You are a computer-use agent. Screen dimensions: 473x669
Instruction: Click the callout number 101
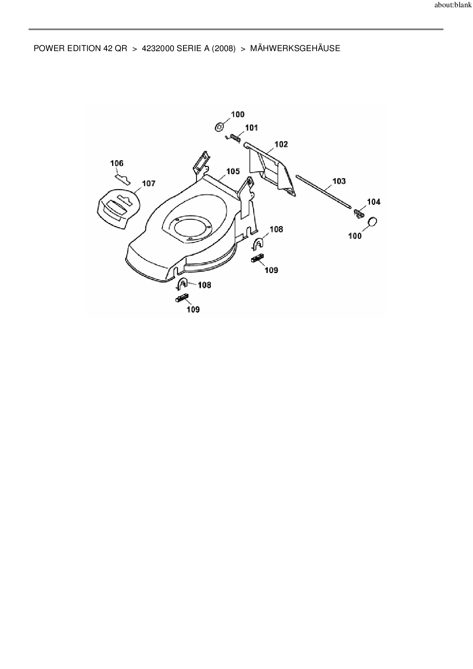(x=251, y=127)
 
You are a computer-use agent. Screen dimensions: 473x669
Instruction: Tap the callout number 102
(x=281, y=144)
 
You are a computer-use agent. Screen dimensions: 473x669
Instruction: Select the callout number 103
(x=339, y=181)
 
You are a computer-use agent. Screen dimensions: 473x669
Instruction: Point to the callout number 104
(x=374, y=202)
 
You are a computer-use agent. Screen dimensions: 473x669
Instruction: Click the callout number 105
(x=233, y=171)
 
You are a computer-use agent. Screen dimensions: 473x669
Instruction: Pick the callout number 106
(x=117, y=163)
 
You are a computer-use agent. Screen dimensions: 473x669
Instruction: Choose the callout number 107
(x=149, y=183)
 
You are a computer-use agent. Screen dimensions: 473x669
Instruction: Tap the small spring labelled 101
(x=233, y=137)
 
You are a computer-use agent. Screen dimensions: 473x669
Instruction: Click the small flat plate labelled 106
(x=122, y=179)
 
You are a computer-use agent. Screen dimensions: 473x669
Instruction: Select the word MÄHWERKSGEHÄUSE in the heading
(x=295, y=48)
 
